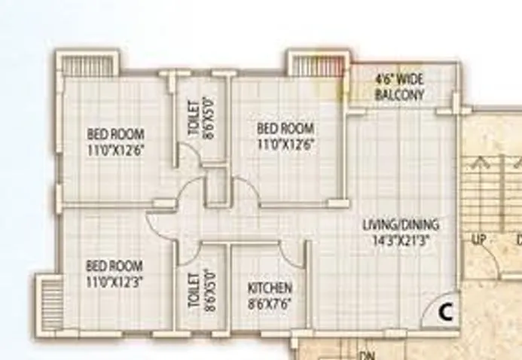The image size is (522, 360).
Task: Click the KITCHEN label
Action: [x=270, y=288]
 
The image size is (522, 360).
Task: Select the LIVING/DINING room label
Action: [x=401, y=225]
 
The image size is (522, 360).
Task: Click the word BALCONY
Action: [x=399, y=96]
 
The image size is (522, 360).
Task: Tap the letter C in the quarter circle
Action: [x=444, y=310]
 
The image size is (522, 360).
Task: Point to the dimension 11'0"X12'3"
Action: [x=114, y=279]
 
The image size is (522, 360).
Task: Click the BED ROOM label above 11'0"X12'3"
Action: [x=114, y=266]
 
